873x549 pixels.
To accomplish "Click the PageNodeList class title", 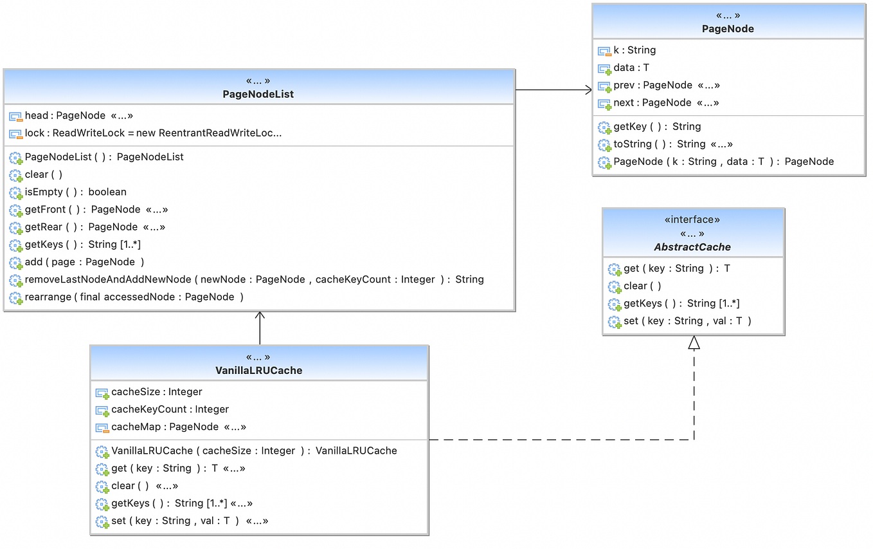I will click(258, 95).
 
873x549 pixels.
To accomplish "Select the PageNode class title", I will click(728, 29).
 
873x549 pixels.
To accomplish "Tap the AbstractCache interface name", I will click(692, 247).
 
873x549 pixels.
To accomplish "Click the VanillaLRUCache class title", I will click(258, 371).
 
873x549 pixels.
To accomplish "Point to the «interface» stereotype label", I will click(692, 219).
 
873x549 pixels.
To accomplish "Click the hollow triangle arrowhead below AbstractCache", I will click(694, 344).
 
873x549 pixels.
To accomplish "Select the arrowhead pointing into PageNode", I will click(588, 90).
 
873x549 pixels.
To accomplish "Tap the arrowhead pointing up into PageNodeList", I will click(260, 316).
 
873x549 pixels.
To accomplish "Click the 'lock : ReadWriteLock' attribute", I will click(153, 133).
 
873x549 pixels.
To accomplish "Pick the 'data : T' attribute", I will click(631, 68).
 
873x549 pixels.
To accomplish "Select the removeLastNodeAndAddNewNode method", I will click(254, 279).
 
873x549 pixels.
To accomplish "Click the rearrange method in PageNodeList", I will click(134, 297).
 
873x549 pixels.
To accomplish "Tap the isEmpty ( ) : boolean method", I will click(75, 192).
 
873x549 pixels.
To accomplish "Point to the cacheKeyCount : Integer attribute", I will click(170, 409).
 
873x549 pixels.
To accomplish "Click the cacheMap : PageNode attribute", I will click(178, 427).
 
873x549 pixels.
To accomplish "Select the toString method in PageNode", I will click(672, 144).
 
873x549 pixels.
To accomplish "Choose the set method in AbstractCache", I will click(687, 321).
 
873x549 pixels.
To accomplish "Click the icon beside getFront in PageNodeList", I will click(15, 210).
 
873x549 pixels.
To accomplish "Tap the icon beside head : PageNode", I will click(15, 116).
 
